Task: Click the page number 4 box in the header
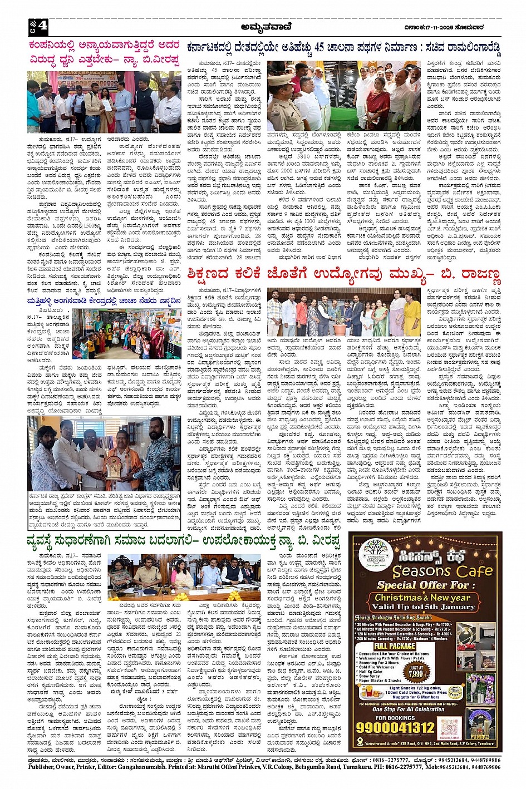[39, 26]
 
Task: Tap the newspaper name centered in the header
[264, 26]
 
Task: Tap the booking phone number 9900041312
[395, 727]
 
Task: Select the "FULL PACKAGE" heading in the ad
[394, 647]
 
